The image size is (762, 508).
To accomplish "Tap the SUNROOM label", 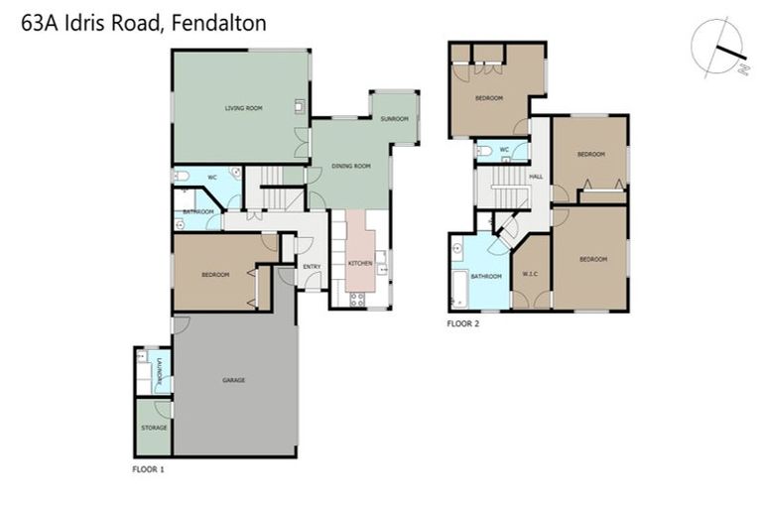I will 394,119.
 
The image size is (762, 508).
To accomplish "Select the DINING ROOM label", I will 350,167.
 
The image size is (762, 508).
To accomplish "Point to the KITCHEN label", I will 359,262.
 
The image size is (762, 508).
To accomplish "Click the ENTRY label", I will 312,266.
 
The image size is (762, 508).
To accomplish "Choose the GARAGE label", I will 234,380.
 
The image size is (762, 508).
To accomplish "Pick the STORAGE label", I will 154,428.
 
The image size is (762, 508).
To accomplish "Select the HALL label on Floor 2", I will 536,177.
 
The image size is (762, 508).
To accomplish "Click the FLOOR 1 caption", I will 149,466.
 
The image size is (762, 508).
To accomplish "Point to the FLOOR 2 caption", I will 463,323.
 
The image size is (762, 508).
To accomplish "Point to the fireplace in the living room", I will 299,104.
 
